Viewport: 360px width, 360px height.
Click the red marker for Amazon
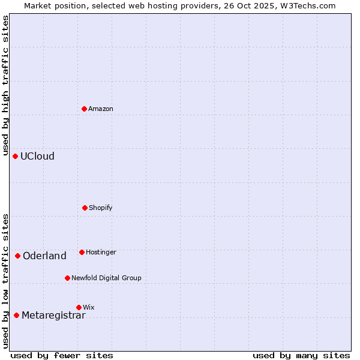(x=85, y=109)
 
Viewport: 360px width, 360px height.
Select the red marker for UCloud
(x=16, y=156)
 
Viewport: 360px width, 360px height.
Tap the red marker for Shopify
(x=85, y=208)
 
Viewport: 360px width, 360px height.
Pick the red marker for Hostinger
(x=82, y=252)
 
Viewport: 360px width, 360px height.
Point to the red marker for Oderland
(x=18, y=256)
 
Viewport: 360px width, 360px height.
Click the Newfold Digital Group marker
(x=67, y=278)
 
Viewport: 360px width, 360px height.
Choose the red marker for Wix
(x=79, y=307)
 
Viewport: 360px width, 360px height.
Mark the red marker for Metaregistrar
(x=17, y=315)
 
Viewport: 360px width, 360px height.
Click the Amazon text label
(x=101, y=109)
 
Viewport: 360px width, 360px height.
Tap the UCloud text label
(x=37, y=156)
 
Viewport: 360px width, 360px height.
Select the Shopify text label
(x=101, y=208)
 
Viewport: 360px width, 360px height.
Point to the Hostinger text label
(x=101, y=252)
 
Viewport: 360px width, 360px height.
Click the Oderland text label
(x=44, y=256)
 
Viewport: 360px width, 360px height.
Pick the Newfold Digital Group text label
(x=106, y=278)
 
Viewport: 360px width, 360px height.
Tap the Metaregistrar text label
(x=53, y=315)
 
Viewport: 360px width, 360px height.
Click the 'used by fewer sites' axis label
(x=62, y=355)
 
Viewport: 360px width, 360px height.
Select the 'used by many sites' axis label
(x=301, y=355)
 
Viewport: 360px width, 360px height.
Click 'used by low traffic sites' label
(x=5, y=281)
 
